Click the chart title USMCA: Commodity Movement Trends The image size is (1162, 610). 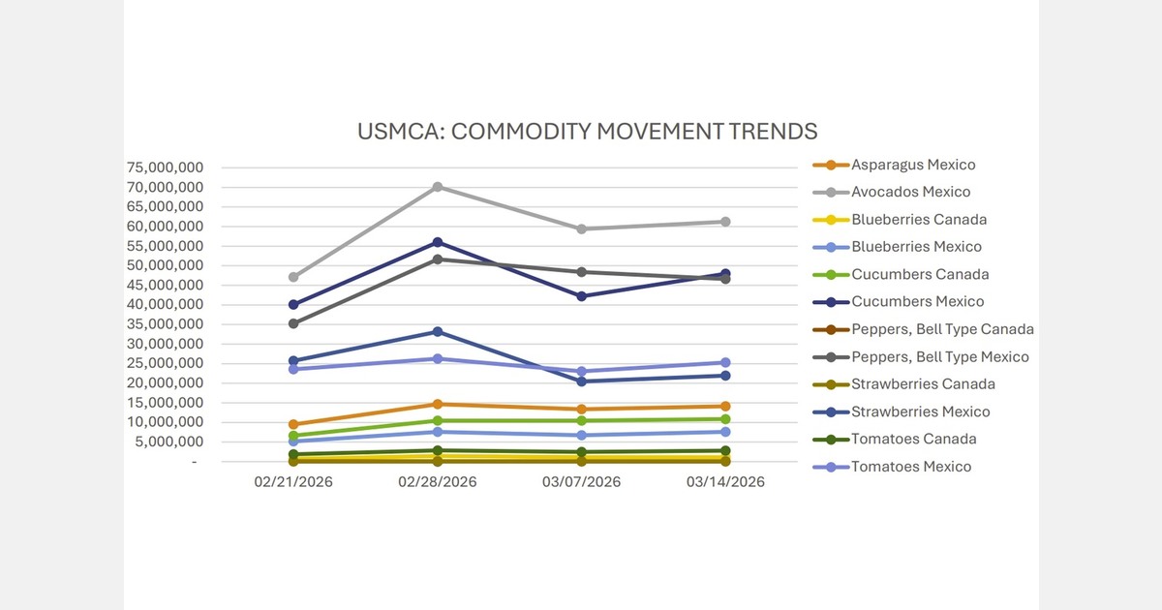587,131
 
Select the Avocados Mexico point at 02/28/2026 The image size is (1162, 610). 438,187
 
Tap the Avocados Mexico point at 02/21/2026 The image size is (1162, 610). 293,277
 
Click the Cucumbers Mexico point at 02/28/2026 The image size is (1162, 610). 438,242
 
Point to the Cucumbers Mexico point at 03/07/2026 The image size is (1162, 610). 581,296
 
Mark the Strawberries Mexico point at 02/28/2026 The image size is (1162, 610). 438,332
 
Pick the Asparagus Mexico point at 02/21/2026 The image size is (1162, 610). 293,424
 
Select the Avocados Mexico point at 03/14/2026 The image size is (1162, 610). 725,222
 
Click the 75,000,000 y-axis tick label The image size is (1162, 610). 164,168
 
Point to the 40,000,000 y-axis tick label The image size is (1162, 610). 164,305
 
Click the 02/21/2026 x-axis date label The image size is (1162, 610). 293,481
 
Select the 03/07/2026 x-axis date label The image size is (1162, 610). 581,481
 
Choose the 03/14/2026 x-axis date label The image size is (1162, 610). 725,481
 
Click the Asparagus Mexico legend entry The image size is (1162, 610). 913,165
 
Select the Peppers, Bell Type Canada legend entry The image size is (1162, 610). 942,329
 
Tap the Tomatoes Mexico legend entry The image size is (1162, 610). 910,467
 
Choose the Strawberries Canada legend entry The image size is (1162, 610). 923,384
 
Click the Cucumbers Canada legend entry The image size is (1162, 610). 920,275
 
